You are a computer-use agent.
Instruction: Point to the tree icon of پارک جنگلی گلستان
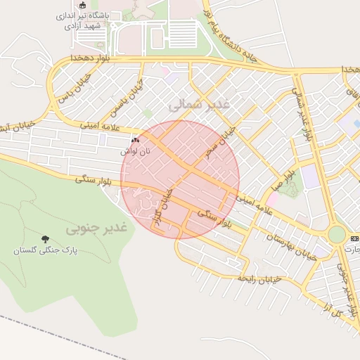coord(46,240)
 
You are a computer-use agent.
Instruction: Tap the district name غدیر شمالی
coord(205,104)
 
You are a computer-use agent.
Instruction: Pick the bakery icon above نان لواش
coord(135,141)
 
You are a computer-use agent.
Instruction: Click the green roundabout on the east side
coord(337,234)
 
